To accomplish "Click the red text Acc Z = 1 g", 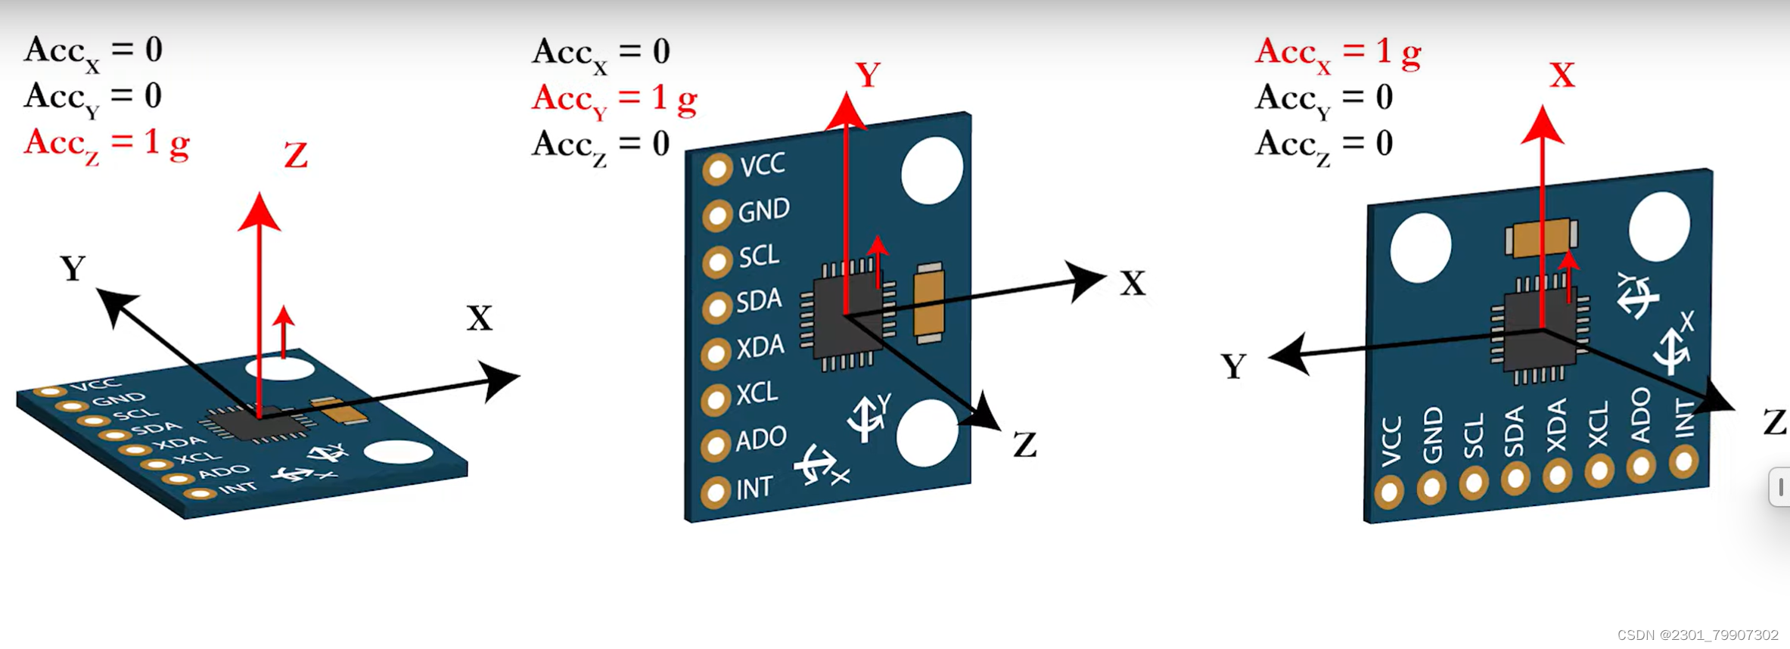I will pyautogui.click(x=106, y=143).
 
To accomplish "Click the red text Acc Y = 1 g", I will pyautogui.click(x=614, y=98).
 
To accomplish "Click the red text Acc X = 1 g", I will pyautogui.click(x=1338, y=52).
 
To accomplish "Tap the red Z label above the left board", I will pyautogui.click(x=296, y=156).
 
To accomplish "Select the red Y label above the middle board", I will pyautogui.click(x=868, y=75).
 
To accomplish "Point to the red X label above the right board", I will pyautogui.click(x=1562, y=75).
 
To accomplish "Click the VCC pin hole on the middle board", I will pyautogui.click(x=717, y=169).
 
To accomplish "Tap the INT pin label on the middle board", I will pyautogui.click(x=754, y=489).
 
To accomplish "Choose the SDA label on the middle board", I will pyautogui.click(x=759, y=301).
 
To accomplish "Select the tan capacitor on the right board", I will pyautogui.click(x=1542, y=238).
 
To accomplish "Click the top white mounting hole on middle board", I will pyautogui.click(x=932, y=170).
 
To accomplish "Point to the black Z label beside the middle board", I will pyautogui.click(x=1024, y=446).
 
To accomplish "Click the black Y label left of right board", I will pyautogui.click(x=1233, y=367).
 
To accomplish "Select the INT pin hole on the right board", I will pyautogui.click(x=1683, y=461).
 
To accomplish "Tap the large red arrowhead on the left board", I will pyautogui.click(x=259, y=213).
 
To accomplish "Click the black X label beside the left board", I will pyautogui.click(x=479, y=318).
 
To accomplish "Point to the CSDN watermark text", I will pyautogui.click(x=1697, y=635).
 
